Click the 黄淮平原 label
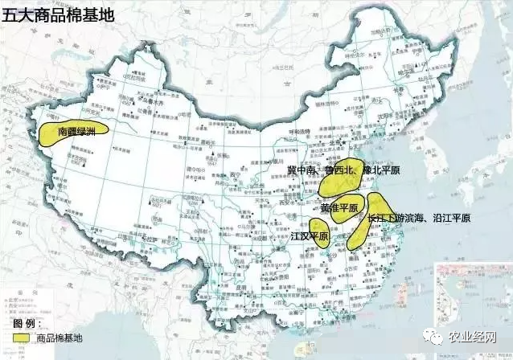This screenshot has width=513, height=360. coord(338,207)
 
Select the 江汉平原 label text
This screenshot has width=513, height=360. coord(310,238)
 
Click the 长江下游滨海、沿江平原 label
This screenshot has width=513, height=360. coord(418,218)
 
